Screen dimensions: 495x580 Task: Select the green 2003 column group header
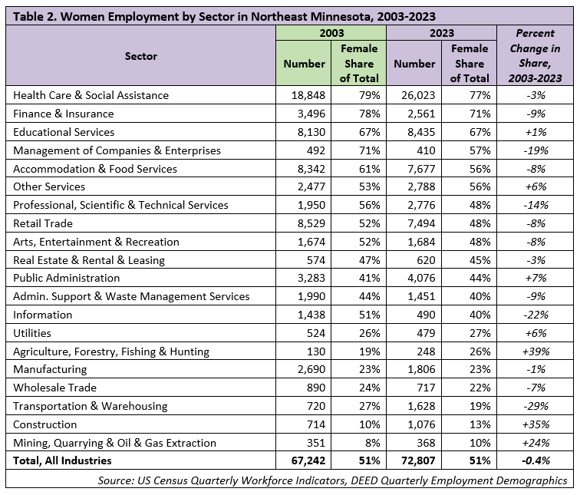[331, 33]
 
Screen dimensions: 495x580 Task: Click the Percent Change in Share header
[535, 56]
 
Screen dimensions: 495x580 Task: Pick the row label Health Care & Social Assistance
[91, 96]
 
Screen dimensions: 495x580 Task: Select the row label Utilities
[31, 333]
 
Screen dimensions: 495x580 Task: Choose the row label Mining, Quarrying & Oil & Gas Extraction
[115, 443]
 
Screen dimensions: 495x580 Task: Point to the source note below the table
[332, 480]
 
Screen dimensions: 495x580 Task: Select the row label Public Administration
[67, 278]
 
